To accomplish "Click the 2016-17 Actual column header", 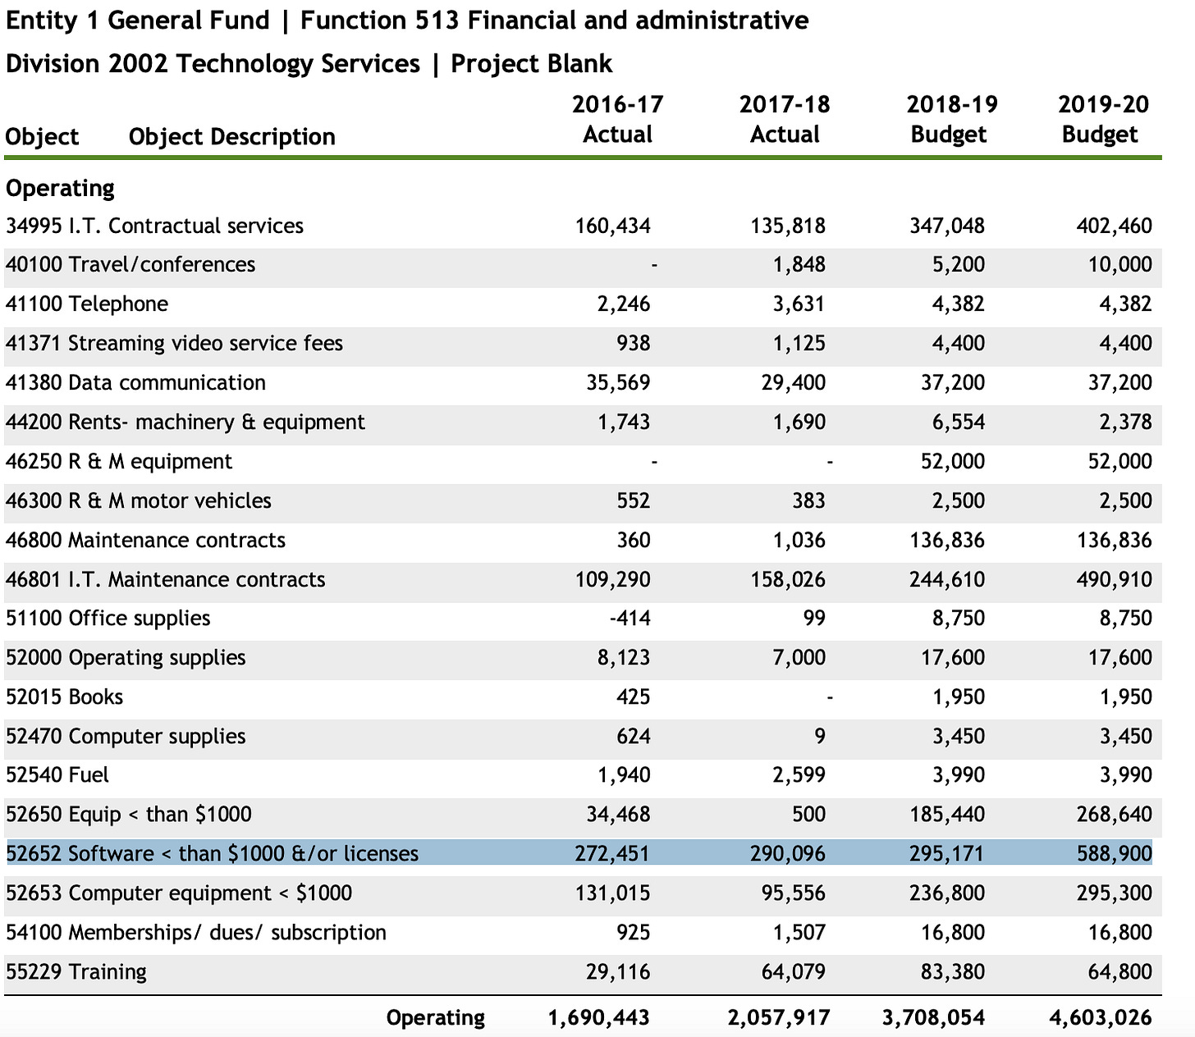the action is point(617,119).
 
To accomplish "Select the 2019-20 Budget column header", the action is point(1103,119).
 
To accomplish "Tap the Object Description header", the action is point(232,137).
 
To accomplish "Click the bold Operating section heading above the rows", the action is point(60,188).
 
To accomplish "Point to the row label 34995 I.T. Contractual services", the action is point(155,226).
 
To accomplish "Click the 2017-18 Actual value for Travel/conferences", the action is point(799,264).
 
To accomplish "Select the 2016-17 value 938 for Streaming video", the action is point(633,343).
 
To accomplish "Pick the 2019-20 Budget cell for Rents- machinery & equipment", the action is point(1125,423).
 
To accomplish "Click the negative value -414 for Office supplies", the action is point(630,618).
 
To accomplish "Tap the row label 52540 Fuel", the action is point(57,774).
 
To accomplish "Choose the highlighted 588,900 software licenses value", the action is point(1114,854).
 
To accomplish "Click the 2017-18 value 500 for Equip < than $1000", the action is point(808,814).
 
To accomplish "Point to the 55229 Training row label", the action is point(76,972).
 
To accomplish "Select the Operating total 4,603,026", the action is point(1101,1018).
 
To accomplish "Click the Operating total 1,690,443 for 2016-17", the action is point(598,1018).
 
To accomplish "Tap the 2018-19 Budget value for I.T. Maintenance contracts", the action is point(947,579).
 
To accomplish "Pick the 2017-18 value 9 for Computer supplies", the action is point(819,736).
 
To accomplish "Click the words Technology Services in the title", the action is point(297,64).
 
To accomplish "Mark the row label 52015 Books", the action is point(64,697).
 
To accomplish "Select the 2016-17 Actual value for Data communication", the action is point(618,382).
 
